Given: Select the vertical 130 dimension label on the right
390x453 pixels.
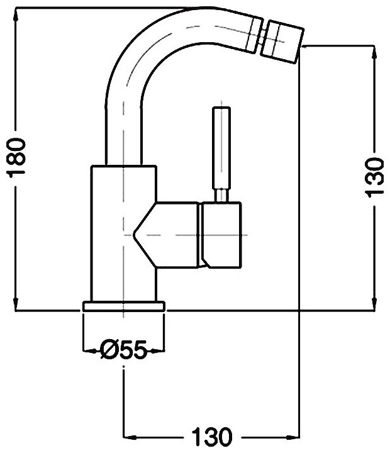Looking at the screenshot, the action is [x=374, y=177].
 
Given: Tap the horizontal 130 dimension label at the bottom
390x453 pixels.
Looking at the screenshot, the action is [x=211, y=436].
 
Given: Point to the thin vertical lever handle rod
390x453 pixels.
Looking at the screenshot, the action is [x=221, y=148].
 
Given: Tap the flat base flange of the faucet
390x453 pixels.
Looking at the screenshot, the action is [x=123, y=306].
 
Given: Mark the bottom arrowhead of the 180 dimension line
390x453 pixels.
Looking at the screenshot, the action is [x=16, y=306].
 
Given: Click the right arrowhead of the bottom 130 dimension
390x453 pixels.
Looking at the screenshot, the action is [x=296, y=436].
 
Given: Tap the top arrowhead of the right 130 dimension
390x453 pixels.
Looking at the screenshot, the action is [x=374, y=50].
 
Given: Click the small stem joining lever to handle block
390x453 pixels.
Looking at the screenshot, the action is [x=221, y=196].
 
